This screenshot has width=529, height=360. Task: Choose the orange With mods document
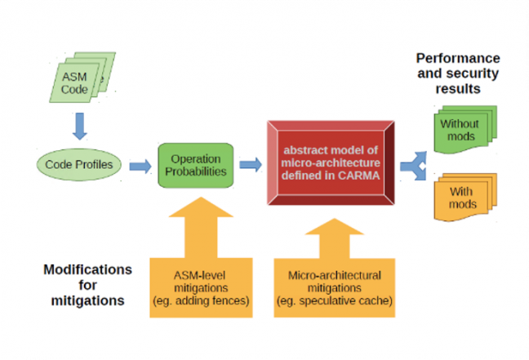pos(462,196)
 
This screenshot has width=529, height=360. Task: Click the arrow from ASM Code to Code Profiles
pos(78,126)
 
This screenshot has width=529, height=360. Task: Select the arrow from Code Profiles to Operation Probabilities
pos(140,167)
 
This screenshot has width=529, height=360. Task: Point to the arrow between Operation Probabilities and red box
pos(250,166)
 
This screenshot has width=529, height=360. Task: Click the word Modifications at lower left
pos(87,269)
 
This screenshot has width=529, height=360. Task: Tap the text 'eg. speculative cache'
pos(335,301)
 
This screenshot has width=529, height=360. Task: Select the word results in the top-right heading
pos(458,88)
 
